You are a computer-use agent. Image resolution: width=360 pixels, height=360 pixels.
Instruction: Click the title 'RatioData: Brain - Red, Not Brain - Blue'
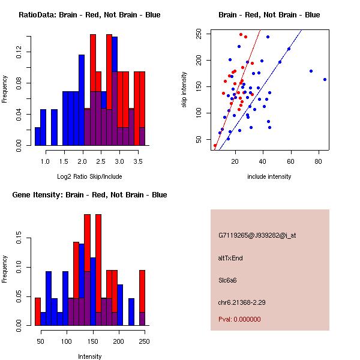click(90, 14)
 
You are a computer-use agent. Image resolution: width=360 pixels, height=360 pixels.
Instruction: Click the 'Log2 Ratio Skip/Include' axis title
click(90, 177)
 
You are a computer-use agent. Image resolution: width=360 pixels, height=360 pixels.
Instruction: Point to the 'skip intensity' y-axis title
click(185, 90)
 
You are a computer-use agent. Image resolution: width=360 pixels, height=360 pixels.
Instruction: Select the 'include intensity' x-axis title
click(269, 176)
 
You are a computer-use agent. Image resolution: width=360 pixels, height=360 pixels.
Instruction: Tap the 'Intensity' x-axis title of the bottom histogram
click(90, 356)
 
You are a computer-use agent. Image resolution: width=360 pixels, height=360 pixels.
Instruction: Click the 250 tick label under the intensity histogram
click(142, 341)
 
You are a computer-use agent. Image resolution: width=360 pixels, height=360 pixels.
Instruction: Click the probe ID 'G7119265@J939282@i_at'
click(257, 235)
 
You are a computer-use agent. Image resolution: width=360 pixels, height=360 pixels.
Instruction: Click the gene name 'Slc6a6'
click(229, 280)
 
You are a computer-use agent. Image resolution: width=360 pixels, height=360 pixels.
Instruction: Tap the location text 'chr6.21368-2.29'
click(242, 302)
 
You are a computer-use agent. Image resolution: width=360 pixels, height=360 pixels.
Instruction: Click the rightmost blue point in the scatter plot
click(325, 79)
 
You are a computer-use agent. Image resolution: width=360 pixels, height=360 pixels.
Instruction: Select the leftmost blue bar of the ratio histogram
click(37, 136)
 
